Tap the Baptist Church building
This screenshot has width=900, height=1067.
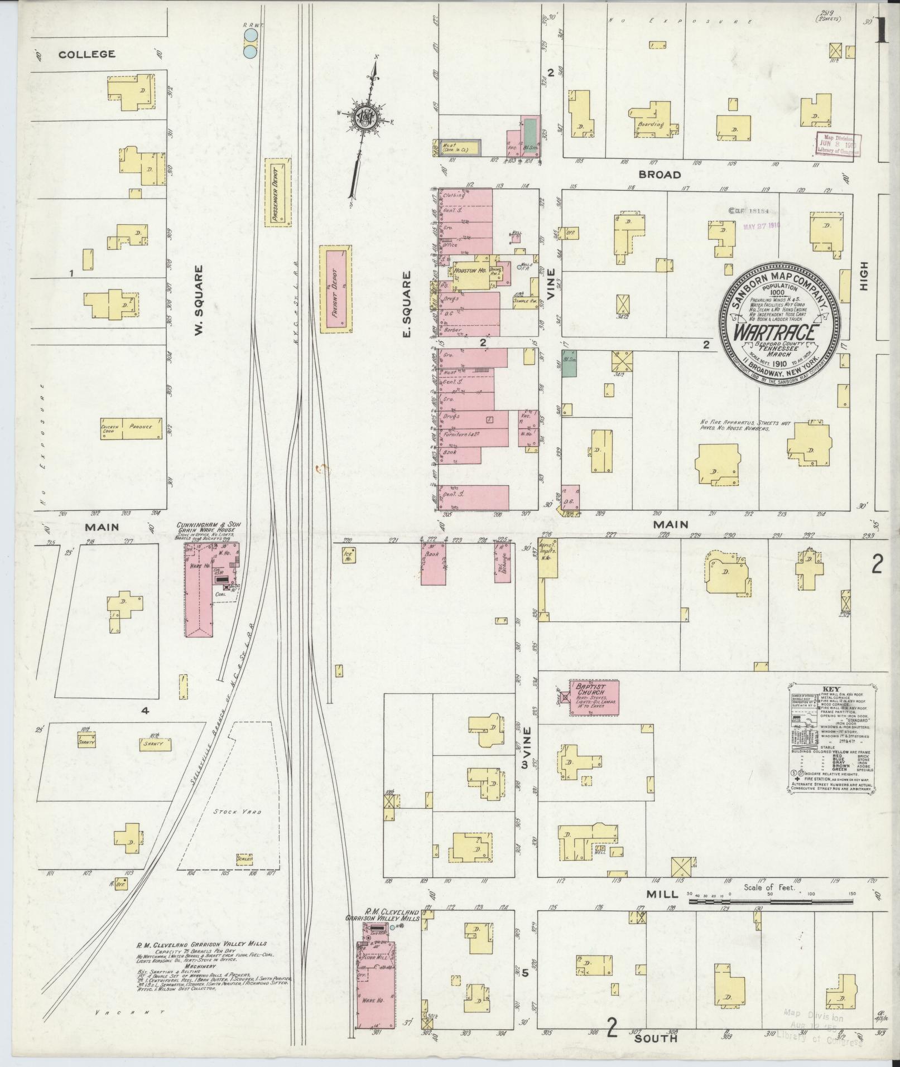[595, 697]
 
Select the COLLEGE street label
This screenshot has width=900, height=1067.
[87, 54]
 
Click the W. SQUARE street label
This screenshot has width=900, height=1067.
[198, 301]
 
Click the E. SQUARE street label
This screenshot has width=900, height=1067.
[407, 304]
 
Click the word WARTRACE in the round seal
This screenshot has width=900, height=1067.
[777, 332]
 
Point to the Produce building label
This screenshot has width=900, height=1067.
[141, 427]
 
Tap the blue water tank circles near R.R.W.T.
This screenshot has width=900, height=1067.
[251, 44]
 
